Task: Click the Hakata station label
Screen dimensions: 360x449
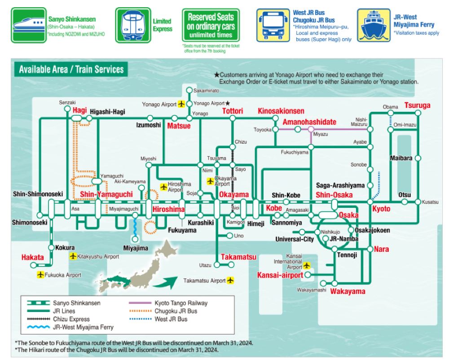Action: coord(33,258)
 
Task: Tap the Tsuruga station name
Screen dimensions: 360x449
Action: coord(417,105)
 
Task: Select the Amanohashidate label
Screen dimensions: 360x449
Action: coord(309,122)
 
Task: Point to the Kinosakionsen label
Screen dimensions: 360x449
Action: coord(281,111)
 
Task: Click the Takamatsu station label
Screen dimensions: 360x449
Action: coord(238,257)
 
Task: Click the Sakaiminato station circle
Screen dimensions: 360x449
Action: coord(189,90)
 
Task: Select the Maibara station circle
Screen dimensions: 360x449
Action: coord(418,158)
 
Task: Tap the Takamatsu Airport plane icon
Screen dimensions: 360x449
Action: coord(231,281)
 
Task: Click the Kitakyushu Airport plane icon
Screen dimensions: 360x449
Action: coord(73,256)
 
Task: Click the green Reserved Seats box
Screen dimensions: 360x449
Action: coord(211,25)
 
